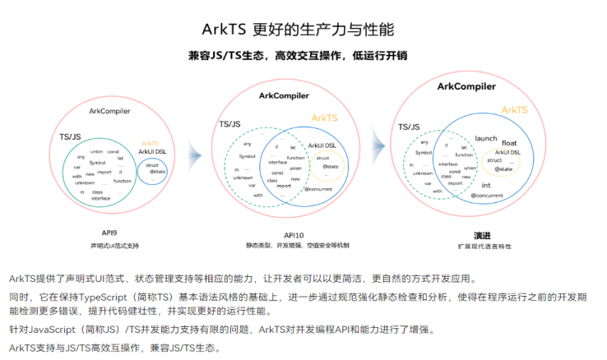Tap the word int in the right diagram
tap(486, 185)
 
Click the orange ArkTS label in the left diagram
tap(150, 143)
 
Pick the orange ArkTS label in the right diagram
tap(514, 109)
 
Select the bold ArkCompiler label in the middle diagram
tap(285, 96)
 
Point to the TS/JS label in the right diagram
tap(410, 127)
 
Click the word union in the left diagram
tap(97, 151)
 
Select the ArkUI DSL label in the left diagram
tap(152, 151)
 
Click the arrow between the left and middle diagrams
tap(194, 153)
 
